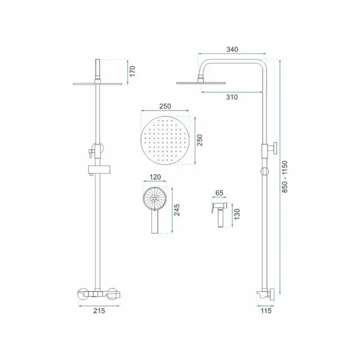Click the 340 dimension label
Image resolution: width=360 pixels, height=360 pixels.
tap(232, 49)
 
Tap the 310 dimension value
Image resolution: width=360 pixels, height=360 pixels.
tap(232, 97)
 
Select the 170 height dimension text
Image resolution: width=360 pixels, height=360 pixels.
tap(133, 71)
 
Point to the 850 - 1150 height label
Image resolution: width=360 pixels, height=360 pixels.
tap(284, 176)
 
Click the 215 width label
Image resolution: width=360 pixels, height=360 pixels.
tap(99, 311)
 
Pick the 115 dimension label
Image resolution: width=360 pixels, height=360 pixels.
tap(266, 311)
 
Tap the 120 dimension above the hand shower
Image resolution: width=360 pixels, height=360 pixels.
tap(155, 177)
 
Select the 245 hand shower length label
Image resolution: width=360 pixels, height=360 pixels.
tap(177, 210)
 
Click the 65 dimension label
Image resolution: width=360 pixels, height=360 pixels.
tap(219, 193)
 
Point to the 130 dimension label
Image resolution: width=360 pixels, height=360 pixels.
tap(237, 214)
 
